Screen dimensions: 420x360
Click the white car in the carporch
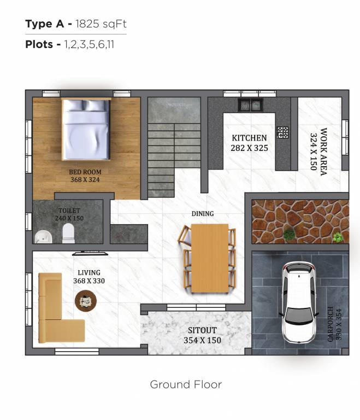coord(298,302)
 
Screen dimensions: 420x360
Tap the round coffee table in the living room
coord(86,300)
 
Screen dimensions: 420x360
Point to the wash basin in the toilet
coord(43,236)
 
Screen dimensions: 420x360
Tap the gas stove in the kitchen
coord(282,132)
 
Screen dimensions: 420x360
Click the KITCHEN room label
coord(249,138)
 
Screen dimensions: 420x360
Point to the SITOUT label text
coord(202,330)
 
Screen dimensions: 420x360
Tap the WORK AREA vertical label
coord(323,151)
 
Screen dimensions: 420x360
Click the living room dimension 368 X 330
coord(88,281)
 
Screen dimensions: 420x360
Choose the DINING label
coord(202,213)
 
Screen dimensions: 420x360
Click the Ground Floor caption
coord(186,384)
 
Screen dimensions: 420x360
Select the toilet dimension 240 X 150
coord(69,218)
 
